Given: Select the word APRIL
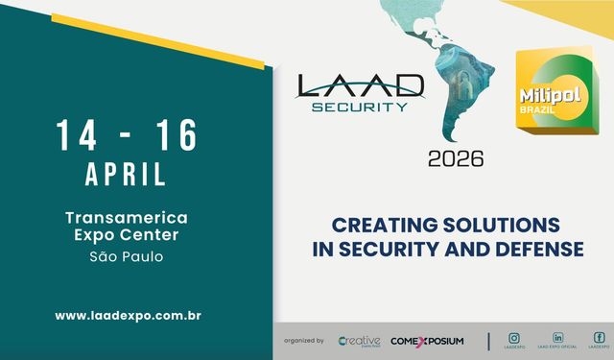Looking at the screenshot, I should [x=126, y=175].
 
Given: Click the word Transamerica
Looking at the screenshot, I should [x=126, y=218].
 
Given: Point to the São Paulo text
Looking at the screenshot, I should [x=126, y=256].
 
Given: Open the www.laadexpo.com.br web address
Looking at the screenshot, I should [x=127, y=315].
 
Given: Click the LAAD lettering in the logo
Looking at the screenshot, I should [x=359, y=86].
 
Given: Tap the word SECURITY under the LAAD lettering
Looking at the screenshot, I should [x=359, y=107].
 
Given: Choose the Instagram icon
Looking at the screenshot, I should [x=514, y=338].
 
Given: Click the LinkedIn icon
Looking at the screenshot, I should [x=557, y=338].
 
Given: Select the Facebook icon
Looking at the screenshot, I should [x=600, y=338].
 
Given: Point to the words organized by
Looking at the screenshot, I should [x=304, y=341].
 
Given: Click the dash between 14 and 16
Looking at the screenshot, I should [x=126, y=137].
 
